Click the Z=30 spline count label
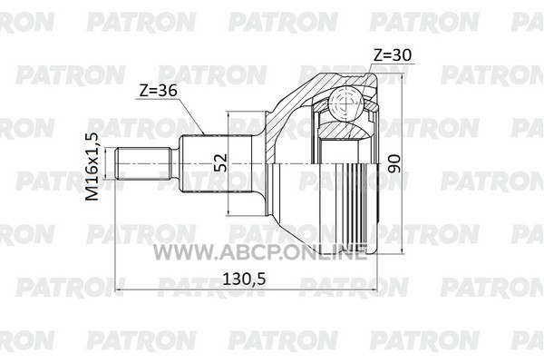[393, 54]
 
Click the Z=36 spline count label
[158, 91]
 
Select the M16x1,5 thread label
[92, 166]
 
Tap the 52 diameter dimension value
[220, 163]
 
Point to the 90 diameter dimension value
[394, 164]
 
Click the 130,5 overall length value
[244, 279]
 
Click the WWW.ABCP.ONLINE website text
[260, 251]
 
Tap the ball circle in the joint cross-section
[346, 103]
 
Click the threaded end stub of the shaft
[143, 163]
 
